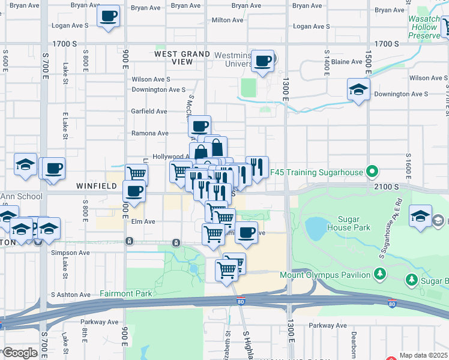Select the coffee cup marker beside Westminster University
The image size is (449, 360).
click(x=262, y=61)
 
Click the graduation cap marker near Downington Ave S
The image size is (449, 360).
click(x=358, y=89)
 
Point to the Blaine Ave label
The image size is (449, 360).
click(x=347, y=62)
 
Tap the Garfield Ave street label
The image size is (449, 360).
click(x=149, y=112)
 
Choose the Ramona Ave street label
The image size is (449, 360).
click(x=150, y=133)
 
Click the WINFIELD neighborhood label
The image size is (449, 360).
click(x=97, y=187)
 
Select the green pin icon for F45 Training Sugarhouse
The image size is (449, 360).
click(x=372, y=172)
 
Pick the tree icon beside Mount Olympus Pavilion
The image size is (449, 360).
click(x=379, y=274)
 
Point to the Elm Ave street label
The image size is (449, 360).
click(x=143, y=221)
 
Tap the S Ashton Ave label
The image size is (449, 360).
click(x=70, y=295)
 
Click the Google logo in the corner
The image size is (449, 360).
click(x=20, y=352)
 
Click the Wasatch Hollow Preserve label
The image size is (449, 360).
click(x=424, y=28)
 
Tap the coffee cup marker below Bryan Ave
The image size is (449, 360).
click(x=108, y=16)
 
